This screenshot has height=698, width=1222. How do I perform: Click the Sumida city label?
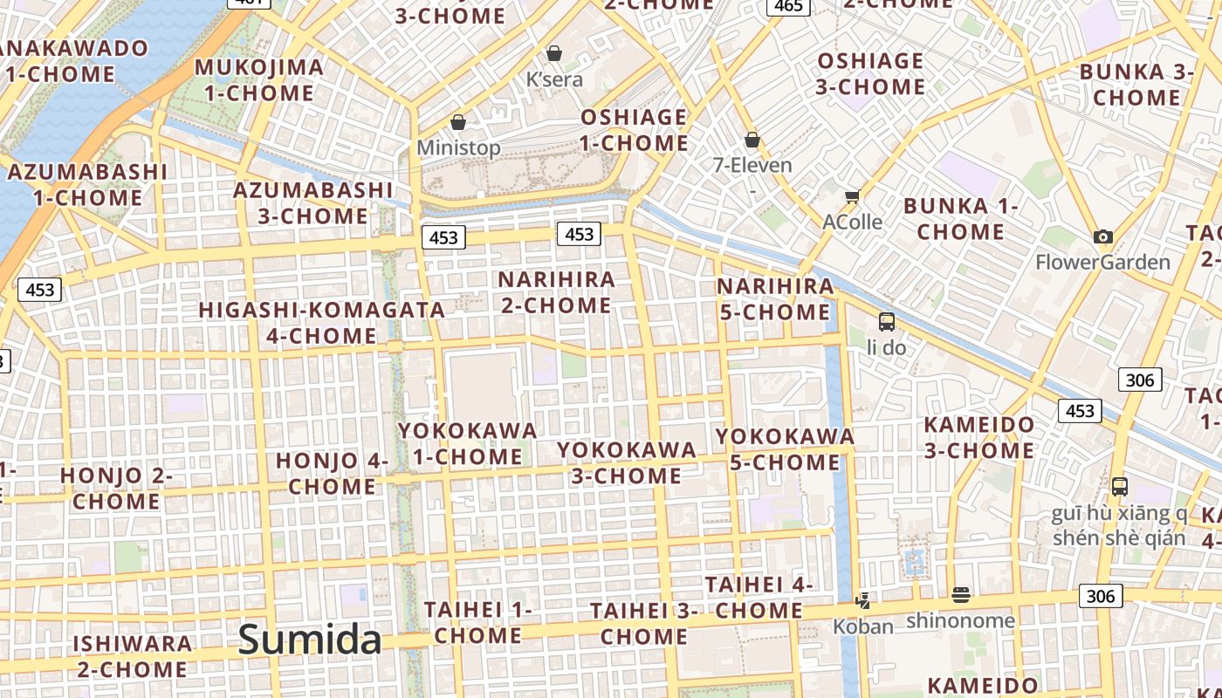310,640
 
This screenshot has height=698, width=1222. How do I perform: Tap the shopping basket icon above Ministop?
458,122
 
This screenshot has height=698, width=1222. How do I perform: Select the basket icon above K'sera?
553,53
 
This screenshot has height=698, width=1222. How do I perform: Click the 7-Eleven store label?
752,165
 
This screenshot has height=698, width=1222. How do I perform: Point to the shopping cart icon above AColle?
852,197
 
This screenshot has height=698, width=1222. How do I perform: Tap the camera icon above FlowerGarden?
1102,236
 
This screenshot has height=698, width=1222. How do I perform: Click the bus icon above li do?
886,321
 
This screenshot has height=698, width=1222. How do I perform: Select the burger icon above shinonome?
960,595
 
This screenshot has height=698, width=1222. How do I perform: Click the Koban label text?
862,626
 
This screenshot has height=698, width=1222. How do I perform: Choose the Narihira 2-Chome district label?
556,292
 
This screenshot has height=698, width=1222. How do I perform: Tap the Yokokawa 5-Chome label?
785,448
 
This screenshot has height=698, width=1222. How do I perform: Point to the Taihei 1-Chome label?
477,622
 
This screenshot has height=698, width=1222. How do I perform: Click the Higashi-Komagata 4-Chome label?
322,323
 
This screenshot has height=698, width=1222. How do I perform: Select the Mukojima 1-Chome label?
258,80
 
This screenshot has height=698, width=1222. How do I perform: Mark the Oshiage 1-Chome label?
635,130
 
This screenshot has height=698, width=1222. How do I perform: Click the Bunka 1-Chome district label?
960,219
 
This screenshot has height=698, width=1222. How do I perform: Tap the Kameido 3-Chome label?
978,438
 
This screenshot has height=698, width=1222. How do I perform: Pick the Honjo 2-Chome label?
116,489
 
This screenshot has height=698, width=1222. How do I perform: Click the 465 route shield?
787,6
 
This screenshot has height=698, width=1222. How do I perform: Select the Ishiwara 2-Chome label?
132,656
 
